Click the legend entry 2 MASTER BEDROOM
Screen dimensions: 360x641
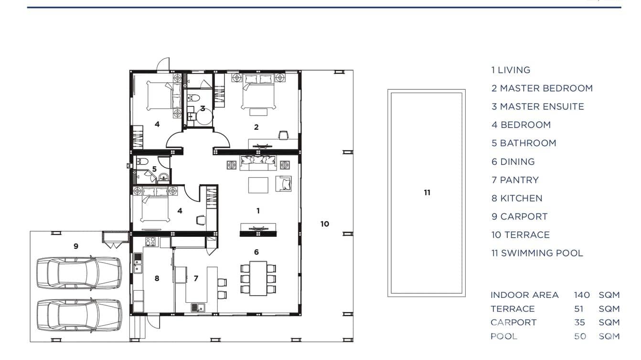542,88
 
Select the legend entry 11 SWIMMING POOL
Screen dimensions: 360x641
537,253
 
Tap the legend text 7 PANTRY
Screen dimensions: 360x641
515,180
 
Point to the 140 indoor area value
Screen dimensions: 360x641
582,295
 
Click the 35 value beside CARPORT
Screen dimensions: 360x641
580,322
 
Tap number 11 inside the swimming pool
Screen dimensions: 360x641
427,193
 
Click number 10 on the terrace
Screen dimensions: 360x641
325,223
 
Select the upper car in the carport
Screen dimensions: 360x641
79,273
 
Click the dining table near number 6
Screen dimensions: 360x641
258,279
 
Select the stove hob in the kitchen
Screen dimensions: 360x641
150,242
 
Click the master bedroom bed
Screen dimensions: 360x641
258,92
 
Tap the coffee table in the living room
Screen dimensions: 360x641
258,185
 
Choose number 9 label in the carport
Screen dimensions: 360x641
76,246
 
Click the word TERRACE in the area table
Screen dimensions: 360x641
513,309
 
